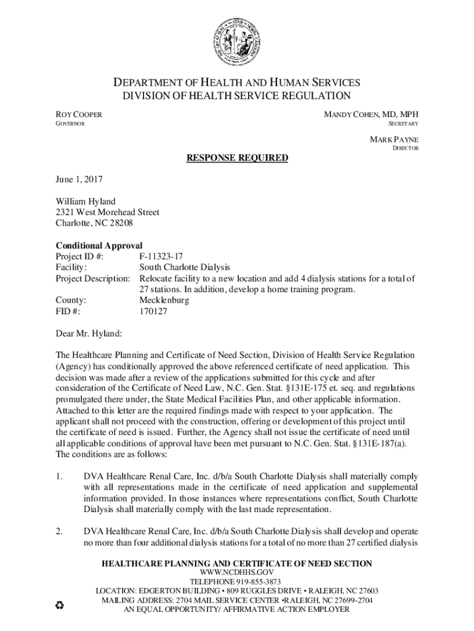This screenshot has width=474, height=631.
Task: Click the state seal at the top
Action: (x=236, y=43)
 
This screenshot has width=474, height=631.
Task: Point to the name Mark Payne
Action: (x=394, y=139)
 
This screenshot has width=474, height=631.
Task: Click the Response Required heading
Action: (x=237, y=158)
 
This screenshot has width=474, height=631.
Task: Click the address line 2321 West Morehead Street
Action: (x=108, y=212)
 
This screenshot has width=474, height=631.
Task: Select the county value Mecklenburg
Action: (x=164, y=300)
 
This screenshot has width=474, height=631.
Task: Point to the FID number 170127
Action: (x=153, y=311)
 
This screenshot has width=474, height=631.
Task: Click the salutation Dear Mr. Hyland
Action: (x=89, y=333)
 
